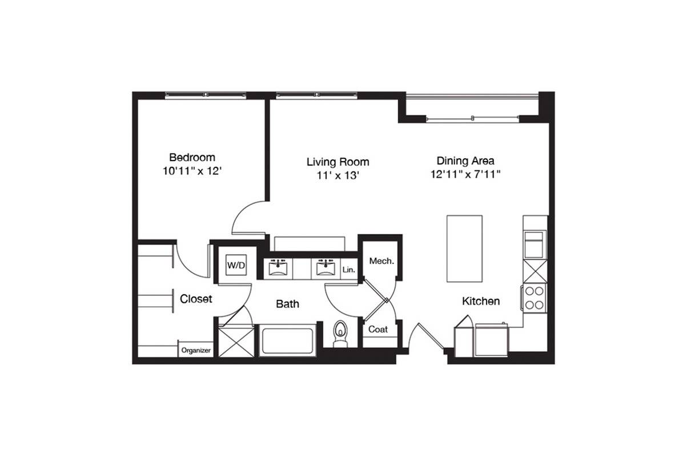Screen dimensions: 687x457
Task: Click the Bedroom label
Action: point(192,157)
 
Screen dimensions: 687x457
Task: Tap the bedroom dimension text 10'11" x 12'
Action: point(192,171)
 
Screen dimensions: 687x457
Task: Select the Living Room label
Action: point(338,162)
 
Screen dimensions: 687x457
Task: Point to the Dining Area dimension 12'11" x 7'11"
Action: point(465,174)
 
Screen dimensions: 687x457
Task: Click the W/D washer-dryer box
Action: point(236,265)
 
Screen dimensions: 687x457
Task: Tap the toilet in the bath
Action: point(340,334)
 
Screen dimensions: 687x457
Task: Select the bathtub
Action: point(288,341)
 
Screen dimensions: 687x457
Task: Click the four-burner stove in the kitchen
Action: point(535,298)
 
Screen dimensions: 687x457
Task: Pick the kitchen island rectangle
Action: point(464,248)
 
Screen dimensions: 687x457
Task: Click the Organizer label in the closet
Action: point(196,350)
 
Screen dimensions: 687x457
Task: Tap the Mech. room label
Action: point(381,261)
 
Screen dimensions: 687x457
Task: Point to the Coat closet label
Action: point(378,330)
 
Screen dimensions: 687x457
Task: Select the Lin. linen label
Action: point(349,270)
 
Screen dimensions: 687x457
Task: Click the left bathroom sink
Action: point(278,268)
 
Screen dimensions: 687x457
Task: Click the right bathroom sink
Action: point(326,268)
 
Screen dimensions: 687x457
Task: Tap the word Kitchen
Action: point(481,301)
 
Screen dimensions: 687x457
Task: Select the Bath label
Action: point(287,304)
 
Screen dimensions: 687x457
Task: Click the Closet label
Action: point(196,299)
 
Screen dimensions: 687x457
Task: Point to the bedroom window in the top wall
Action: point(206,95)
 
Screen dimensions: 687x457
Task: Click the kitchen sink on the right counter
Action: point(534,244)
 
